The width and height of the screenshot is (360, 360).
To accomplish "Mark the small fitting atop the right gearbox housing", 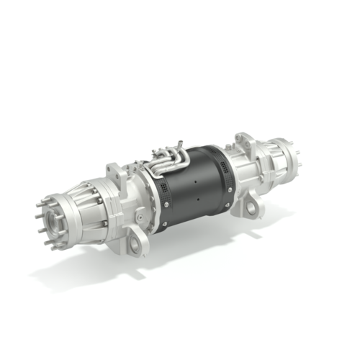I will coord(232,143).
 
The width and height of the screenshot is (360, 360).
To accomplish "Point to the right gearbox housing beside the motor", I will coord(248,173).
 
